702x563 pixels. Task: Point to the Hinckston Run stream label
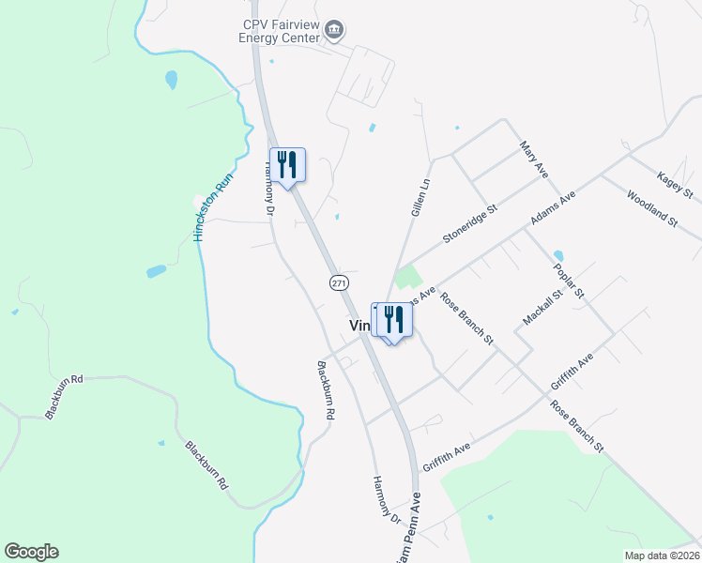pos(211,211)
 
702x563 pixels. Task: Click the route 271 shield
pos(340,282)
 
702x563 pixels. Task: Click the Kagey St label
pos(674,185)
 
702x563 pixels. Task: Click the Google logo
pos(31,552)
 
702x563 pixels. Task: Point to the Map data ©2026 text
pos(662,555)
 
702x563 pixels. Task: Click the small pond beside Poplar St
pos(558,255)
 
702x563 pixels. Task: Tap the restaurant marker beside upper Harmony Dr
pos(288,164)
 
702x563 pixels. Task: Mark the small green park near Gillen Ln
pos(407,278)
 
